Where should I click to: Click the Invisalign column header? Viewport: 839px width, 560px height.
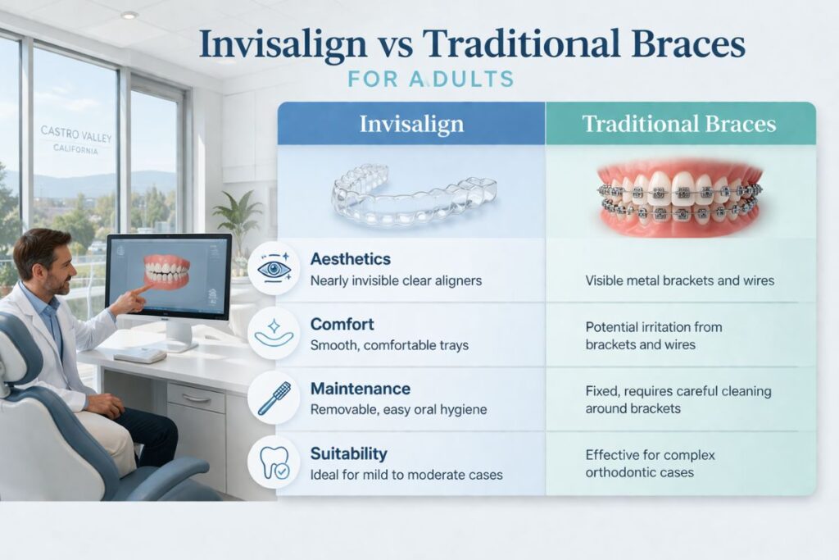click(411, 125)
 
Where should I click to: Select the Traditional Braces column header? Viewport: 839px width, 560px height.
click(678, 125)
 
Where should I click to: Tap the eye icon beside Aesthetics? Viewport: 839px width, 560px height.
click(274, 269)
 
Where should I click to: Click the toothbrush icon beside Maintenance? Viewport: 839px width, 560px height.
click(274, 398)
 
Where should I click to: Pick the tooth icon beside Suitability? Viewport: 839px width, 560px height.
click(274, 462)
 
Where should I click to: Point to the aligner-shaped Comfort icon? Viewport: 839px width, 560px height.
click(274, 333)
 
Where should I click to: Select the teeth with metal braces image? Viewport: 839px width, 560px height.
click(679, 196)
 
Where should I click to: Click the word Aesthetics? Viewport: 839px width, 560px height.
click(351, 259)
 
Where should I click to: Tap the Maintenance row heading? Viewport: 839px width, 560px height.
click(361, 388)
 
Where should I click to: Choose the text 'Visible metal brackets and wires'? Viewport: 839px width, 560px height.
click(679, 281)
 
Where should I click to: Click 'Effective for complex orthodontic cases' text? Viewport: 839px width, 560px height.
click(651, 463)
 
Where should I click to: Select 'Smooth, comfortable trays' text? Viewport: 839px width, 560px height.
click(389, 345)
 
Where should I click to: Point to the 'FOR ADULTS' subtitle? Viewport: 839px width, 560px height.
click(430, 80)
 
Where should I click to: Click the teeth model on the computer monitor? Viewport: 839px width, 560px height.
click(168, 271)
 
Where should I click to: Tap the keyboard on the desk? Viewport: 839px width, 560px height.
click(139, 354)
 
